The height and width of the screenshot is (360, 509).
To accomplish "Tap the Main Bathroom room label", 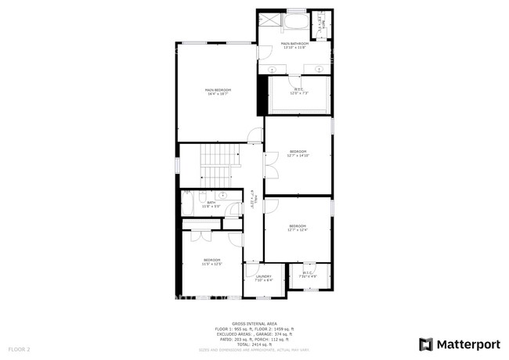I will [295, 45].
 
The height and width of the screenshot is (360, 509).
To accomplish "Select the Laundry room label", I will [263, 277].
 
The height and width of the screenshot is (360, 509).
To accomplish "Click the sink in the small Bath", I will [222, 195].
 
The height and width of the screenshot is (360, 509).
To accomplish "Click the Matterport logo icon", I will [426, 344].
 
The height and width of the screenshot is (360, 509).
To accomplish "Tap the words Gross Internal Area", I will [254, 322].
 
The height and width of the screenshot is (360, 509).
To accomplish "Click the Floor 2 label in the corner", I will [19, 348].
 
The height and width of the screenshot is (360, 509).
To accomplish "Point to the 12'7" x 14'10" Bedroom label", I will [298, 153].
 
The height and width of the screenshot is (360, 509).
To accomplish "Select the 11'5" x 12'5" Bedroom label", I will [212, 261].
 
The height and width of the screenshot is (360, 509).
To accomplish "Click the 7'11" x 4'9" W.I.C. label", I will [308, 275].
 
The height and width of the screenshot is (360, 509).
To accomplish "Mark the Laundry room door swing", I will [252, 269].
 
